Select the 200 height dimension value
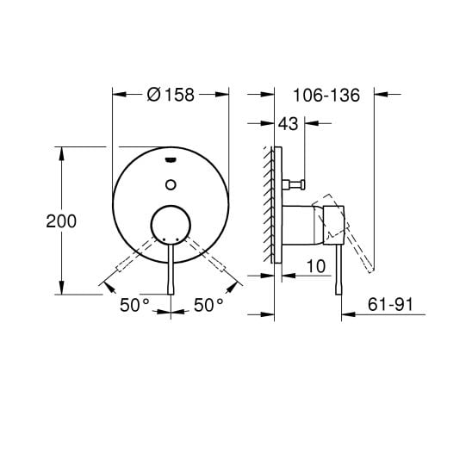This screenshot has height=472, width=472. click(62, 220)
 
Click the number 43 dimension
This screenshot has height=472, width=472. click(288, 125)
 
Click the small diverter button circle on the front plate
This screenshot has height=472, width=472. click(172, 183)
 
